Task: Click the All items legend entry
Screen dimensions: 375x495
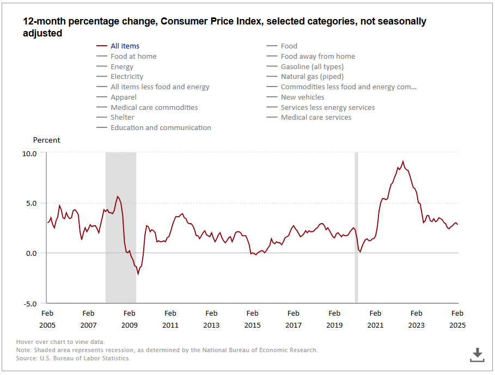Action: pyautogui.click(x=125, y=46)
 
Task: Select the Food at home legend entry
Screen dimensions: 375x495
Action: pyautogui.click(x=133, y=56)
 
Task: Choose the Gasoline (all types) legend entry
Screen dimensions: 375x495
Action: pyautogui.click(x=312, y=66)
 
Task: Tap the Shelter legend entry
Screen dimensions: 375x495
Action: pyautogui.click(x=122, y=117)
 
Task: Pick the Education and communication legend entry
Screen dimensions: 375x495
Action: pyautogui.click(x=161, y=127)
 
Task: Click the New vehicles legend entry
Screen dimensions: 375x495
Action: pyautogui.click(x=302, y=97)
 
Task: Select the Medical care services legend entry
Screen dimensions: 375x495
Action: pyautogui.click(x=316, y=117)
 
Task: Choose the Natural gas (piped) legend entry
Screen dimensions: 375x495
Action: pyautogui.click(x=312, y=77)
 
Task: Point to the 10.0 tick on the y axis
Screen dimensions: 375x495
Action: pyautogui.click(x=29, y=153)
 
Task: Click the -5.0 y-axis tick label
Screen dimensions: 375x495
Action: pyautogui.click(x=29, y=303)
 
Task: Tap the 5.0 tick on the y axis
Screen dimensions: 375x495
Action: pyautogui.click(x=31, y=204)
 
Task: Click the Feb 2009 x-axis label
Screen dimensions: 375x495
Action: pyautogui.click(x=129, y=319)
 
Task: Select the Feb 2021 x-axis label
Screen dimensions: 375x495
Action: pyautogui.click(x=375, y=319)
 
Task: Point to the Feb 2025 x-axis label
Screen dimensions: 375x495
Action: pyautogui.click(x=457, y=319)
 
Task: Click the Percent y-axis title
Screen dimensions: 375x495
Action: pyautogui.click(x=47, y=140)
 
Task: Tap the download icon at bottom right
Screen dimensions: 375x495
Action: pyautogui.click(x=477, y=354)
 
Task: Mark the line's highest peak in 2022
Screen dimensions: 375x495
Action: pyautogui.click(x=403, y=161)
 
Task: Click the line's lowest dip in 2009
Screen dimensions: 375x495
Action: pyautogui.click(x=138, y=274)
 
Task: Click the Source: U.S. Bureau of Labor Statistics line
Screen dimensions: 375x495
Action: pyautogui.click(x=74, y=358)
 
